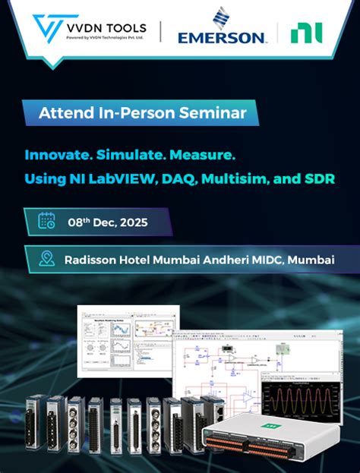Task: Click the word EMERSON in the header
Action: tap(221, 36)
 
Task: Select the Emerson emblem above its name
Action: tap(221, 17)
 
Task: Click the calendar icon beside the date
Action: tap(47, 222)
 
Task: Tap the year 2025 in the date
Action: tap(131, 222)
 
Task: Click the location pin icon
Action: tap(47, 258)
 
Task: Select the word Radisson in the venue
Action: tap(91, 259)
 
